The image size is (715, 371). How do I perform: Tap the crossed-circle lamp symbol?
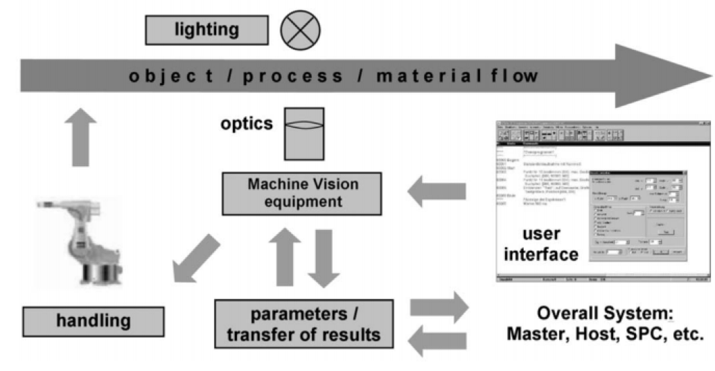[x=300, y=30]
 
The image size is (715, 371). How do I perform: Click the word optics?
[x=247, y=124]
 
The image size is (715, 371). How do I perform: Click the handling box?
[x=93, y=321]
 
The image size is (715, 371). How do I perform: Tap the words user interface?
[x=541, y=242]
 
